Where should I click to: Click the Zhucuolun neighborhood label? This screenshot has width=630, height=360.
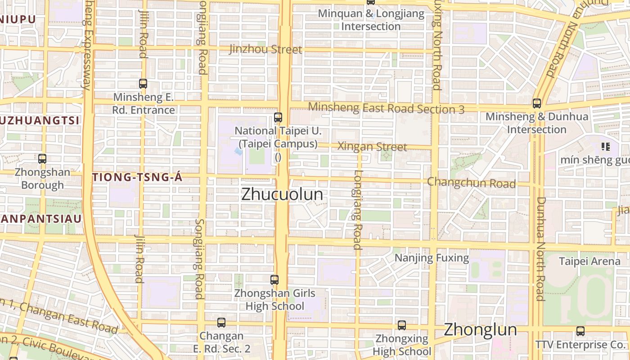point(282,194)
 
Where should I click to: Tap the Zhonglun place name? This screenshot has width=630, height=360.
point(480,329)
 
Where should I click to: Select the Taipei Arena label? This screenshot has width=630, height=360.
point(583,261)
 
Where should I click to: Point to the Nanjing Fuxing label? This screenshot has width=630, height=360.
point(432,258)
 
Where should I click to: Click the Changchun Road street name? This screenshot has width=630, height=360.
point(471,183)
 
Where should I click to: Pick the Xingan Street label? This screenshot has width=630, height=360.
point(372,146)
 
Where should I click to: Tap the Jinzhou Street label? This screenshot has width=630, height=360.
point(265,49)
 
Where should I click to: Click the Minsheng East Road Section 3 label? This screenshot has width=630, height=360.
point(387,108)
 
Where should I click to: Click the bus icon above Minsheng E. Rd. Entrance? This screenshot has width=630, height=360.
point(143,83)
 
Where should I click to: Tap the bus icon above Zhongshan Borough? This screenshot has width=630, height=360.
point(42,158)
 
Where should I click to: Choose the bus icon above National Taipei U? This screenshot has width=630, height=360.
point(278,117)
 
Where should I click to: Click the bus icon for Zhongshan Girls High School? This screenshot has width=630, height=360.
point(274,279)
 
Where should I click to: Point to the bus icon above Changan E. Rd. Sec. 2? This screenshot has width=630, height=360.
point(221,322)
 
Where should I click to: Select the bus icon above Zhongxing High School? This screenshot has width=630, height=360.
point(402,325)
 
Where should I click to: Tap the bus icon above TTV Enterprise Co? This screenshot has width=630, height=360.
point(580,331)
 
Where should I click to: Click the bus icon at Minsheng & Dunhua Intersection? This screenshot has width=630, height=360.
point(536,103)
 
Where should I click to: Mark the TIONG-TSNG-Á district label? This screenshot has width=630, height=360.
point(137,177)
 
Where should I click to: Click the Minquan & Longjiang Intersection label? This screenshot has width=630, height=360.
point(371,20)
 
